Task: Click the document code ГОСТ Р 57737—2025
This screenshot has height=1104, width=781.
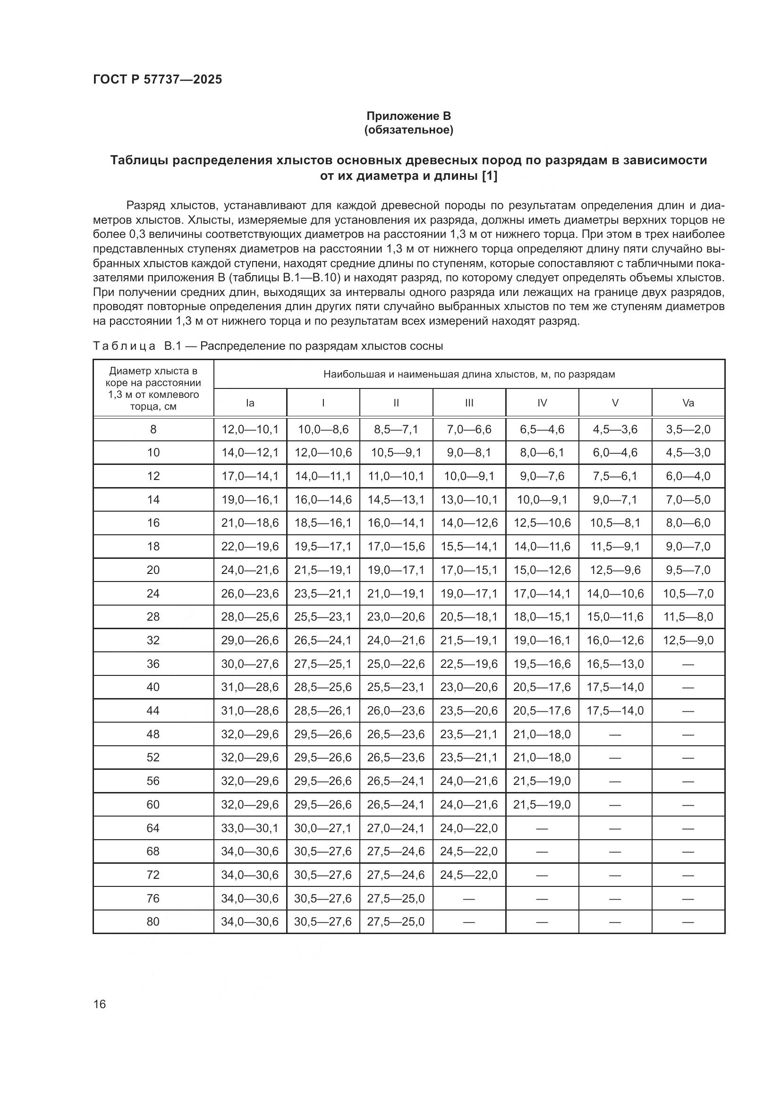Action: click(157, 79)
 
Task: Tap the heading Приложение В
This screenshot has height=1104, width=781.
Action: click(409, 116)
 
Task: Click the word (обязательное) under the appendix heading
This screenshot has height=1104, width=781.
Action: click(409, 130)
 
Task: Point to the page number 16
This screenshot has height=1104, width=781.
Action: click(100, 1004)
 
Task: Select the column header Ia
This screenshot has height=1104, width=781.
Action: click(250, 403)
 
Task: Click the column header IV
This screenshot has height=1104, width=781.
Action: click(542, 403)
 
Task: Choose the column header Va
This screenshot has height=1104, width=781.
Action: click(688, 403)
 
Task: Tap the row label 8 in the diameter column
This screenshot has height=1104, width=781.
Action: click(153, 430)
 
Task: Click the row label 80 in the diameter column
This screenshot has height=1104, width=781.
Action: click(153, 921)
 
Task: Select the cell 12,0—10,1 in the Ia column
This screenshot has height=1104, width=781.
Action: click(250, 430)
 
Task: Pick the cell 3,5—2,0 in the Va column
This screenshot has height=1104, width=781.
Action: click(688, 430)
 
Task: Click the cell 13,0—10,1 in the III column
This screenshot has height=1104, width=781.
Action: click(469, 499)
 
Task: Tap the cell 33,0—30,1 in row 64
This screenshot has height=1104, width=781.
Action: click(250, 828)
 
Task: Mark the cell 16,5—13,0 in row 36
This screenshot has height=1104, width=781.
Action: click(615, 664)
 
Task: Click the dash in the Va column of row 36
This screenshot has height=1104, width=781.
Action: click(688, 664)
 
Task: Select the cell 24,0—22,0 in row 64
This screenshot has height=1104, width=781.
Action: click(469, 828)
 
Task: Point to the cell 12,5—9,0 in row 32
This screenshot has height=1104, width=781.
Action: click(688, 640)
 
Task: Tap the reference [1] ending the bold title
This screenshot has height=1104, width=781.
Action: click(490, 176)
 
